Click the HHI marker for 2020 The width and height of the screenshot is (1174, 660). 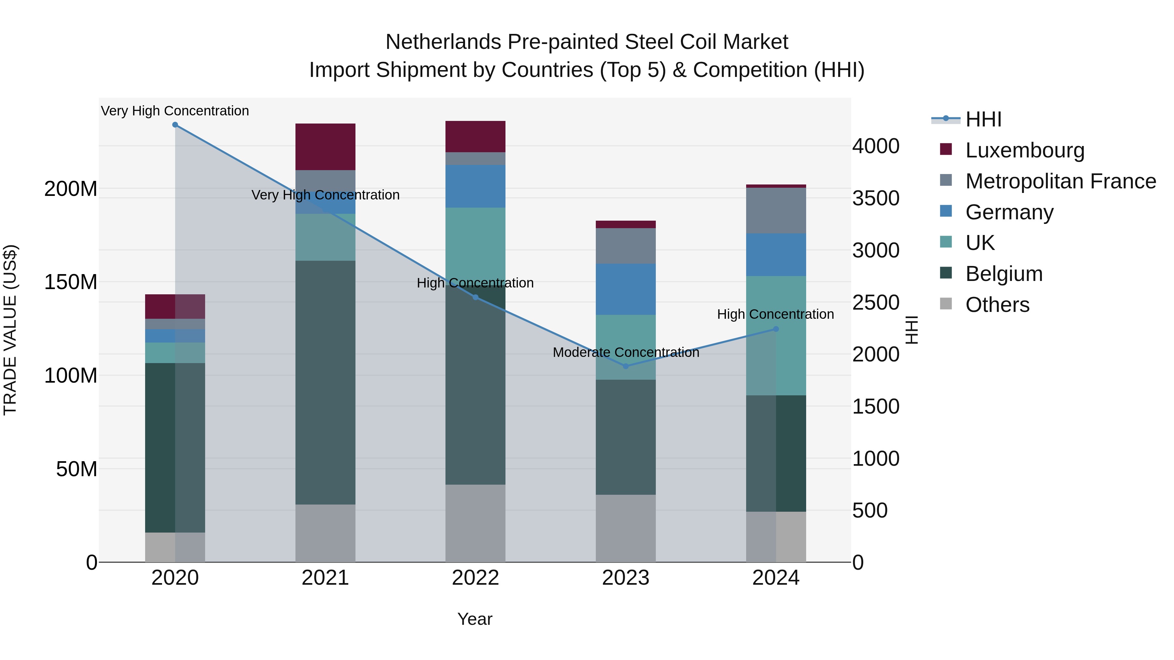tap(175, 125)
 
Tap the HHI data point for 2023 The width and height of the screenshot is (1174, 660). tap(626, 366)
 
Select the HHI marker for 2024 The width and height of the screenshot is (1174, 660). tap(776, 329)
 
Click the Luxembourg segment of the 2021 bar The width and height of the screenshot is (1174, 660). tap(325, 147)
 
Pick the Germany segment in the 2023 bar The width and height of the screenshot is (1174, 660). tap(626, 289)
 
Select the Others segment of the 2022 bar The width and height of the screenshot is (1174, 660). tap(475, 523)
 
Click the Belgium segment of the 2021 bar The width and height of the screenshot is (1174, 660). tap(325, 383)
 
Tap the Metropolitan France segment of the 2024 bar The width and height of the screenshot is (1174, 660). tap(776, 211)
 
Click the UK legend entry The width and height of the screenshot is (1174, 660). tap(980, 243)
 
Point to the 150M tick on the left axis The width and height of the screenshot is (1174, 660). tap(71, 282)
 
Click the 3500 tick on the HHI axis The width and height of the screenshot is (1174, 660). tap(876, 198)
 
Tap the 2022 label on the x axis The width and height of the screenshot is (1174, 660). tap(475, 578)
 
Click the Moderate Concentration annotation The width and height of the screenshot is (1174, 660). tap(626, 353)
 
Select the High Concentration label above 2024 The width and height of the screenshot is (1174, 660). tap(775, 314)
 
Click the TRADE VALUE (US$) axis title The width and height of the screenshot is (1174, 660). tap(10, 330)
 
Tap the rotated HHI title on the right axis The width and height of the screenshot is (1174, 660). tap(911, 330)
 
